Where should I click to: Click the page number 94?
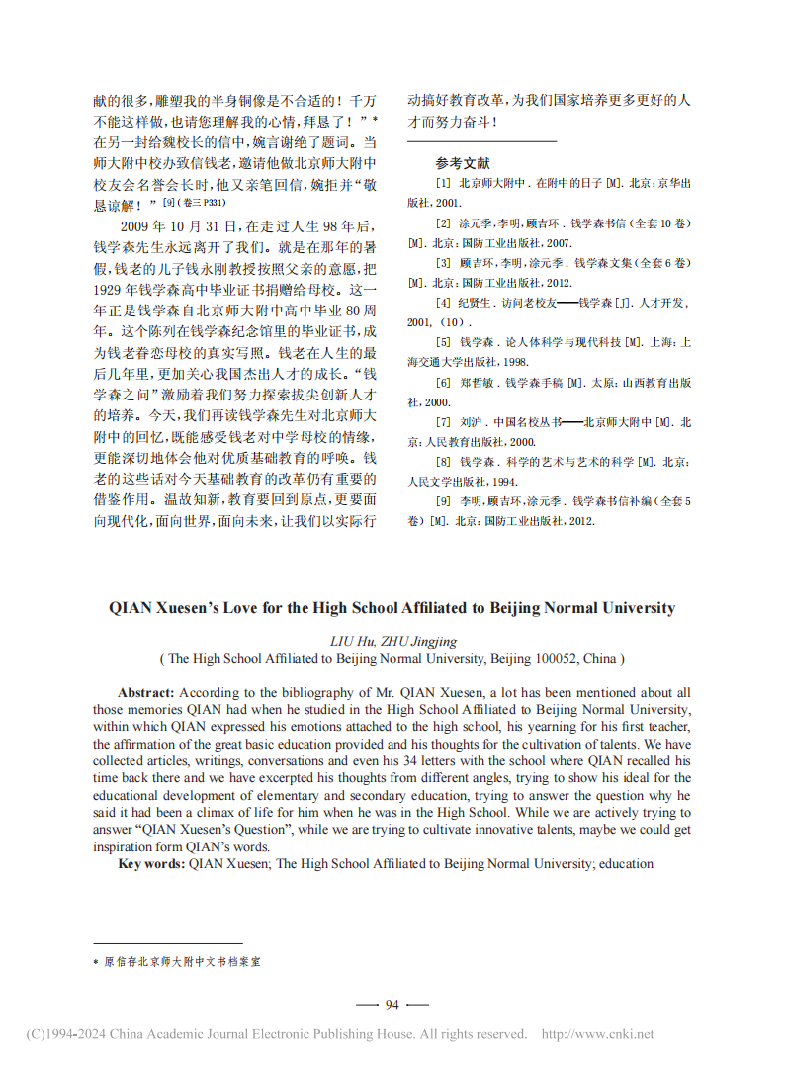tap(392, 1004)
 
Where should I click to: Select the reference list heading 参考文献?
tap(463, 163)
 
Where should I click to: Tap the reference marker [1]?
tap(443, 184)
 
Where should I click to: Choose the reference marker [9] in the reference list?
tap(443, 501)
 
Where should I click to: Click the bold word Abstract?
tap(146, 693)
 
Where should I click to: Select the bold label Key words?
tap(151, 863)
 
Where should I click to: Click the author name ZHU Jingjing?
tap(408, 640)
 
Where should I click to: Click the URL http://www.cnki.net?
tap(598, 1034)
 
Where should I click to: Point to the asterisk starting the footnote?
tap(96, 960)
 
